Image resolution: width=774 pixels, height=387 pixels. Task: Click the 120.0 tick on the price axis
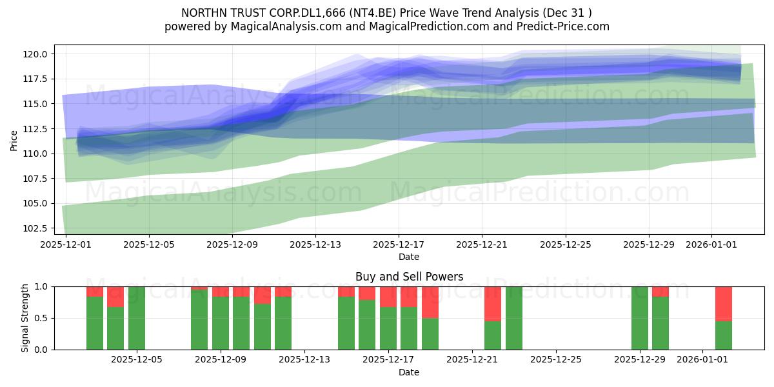[x=35, y=54]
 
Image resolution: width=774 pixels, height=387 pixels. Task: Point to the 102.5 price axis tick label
[x=35, y=228]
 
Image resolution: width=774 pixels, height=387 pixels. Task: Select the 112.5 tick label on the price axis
[x=35, y=129]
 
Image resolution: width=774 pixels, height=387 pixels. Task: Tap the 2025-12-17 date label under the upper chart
[x=399, y=244]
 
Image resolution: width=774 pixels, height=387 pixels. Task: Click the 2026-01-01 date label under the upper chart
[x=711, y=244]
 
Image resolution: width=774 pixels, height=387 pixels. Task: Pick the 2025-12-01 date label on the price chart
[x=66, y=244]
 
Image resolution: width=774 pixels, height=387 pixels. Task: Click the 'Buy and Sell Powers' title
[x=409, y=277]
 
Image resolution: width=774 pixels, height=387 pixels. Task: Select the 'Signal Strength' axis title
[x=25, y=318]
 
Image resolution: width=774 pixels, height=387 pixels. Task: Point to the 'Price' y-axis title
[x=14, y=141]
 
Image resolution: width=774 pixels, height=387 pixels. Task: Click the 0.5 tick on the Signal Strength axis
[x=41, y=318]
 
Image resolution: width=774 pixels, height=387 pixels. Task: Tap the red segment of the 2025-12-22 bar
[x=493, y=304]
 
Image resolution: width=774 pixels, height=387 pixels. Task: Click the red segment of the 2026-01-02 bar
[x=724, y=304]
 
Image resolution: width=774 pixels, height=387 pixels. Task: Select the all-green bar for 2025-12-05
[x=137, y=318]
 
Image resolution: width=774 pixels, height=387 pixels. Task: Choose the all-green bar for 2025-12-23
[x=514, y=318]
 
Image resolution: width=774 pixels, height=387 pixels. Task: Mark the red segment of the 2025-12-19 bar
[x=430, y=303]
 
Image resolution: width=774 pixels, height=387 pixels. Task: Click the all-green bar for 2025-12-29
[x=640, y=318]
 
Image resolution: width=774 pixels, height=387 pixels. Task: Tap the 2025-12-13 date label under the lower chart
[x=304, y=360]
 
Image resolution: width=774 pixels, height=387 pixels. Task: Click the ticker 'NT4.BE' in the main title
[x=373, y=13]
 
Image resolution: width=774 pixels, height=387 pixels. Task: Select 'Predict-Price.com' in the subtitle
[x=563, y=26]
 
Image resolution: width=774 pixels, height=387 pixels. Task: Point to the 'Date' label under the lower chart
[x=409, y=372]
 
